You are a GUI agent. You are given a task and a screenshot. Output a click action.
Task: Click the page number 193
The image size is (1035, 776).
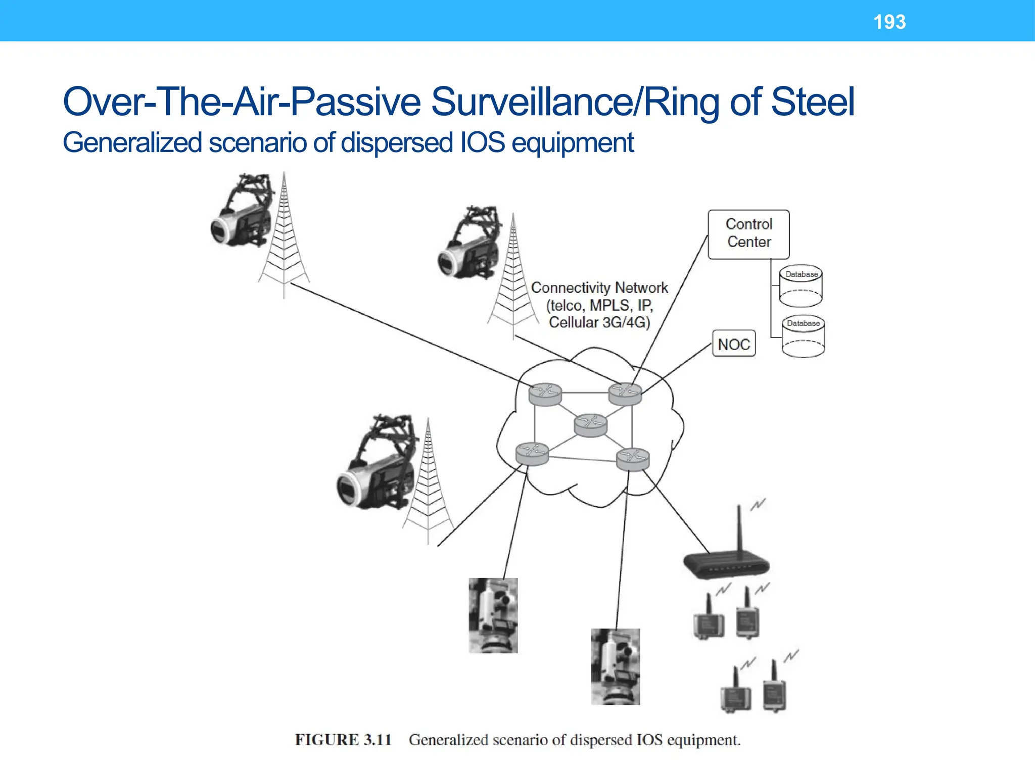(889, 22)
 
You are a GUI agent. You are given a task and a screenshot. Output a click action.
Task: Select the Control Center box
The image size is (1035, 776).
(748, 234)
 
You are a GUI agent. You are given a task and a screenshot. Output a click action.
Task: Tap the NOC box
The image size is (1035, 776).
(734, 344)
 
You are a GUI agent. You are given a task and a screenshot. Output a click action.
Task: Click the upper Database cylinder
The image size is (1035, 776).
(801, 286)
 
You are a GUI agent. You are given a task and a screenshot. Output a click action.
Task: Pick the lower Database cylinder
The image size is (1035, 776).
(803, 336)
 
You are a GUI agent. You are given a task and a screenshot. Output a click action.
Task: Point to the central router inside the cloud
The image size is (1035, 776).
(590, 425)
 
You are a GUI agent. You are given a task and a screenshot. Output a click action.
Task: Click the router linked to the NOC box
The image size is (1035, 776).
(625, 394)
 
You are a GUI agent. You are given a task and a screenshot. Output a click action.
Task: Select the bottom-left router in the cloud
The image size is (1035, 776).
(532, 453)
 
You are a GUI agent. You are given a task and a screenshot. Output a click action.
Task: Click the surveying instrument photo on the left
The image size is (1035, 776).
(493, 615)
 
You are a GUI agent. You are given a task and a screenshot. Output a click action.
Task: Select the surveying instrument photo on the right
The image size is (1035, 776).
(615, 666)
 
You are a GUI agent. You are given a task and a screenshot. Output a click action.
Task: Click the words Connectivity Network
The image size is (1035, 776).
(599, 288)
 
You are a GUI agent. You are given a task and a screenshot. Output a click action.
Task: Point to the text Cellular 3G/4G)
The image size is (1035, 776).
(599, 322)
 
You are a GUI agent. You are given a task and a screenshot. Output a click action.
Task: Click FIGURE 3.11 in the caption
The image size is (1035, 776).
(343, 740)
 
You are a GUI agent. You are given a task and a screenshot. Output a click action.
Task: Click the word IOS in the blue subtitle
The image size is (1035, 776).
(482, 142)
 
